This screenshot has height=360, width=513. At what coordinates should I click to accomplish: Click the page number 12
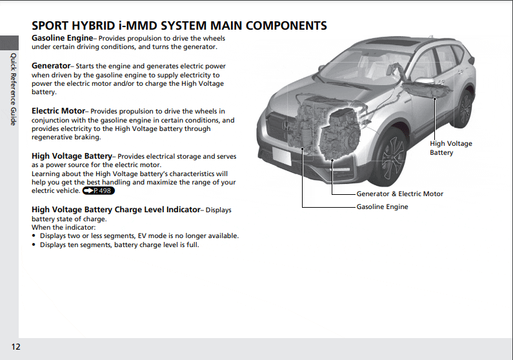(x=15, y=346)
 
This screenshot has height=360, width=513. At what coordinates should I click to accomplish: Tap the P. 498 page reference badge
(x=99, y=190)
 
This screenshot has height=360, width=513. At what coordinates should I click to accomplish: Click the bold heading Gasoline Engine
(x=62, y=38)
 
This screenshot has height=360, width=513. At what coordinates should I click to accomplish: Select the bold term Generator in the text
(x=51, y=66)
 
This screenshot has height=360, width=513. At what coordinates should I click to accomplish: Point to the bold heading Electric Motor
(x=58, y=111)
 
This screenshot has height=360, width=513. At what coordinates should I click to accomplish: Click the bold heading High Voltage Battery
(x=72, y=156)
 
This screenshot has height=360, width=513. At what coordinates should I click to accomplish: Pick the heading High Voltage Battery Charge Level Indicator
(x=116, y=209)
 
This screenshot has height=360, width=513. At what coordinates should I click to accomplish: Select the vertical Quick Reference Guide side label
(x=13, y=89)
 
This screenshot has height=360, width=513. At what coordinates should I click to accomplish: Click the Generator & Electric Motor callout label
(x=400, y=194)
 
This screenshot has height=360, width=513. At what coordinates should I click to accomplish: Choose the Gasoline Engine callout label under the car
(x=382, y=206)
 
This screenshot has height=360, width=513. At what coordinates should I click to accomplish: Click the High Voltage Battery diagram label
(x=451, y=148)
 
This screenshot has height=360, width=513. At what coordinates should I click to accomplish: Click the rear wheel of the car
(x=464, y=108)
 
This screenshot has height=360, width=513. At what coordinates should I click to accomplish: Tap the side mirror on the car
(x=423, y=81)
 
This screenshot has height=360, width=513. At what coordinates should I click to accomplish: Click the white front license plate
(x=281, y=156)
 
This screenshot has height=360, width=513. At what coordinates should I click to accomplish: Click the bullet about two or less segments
(x=136, y=235)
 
